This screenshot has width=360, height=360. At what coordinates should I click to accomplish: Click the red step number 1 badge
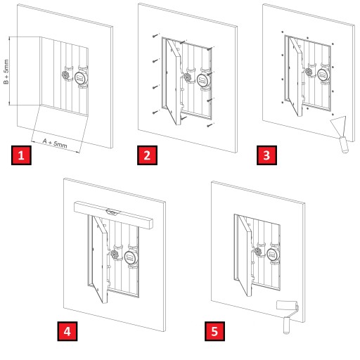coord(21,155)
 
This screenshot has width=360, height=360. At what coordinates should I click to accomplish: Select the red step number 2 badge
coord(147,155)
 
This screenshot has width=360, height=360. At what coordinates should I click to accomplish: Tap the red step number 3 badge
coord(266,155)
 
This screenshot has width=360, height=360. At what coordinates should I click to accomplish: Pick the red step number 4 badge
coord(67,331)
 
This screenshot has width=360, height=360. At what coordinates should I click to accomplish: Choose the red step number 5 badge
coord(214,331)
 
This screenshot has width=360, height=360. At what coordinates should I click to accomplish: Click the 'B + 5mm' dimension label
coord(6,72)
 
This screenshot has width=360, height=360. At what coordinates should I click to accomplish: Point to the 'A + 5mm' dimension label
coord(55,143)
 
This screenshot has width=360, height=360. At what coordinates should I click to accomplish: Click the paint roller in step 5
coord(288,315)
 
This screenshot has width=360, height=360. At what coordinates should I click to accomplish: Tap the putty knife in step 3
coord(340,134)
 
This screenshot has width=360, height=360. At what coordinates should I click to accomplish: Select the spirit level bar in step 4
coord(113,215)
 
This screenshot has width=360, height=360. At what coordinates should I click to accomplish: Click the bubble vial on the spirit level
coord(112,212)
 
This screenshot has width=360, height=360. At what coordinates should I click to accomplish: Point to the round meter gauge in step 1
coord(81,77)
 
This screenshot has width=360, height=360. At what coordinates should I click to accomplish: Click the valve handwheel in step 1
coord(67,75)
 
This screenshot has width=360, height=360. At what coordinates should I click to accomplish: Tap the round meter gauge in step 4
coord(130,257)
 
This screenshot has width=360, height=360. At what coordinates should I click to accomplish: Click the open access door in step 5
coord(245,256)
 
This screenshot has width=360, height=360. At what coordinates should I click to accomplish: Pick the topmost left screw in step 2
coord(155,36)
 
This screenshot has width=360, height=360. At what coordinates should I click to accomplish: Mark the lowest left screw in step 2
coord(155,112)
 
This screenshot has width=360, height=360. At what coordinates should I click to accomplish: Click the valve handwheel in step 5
coord(258,252)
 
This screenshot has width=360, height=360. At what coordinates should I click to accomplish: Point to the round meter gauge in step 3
coord(323,75)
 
